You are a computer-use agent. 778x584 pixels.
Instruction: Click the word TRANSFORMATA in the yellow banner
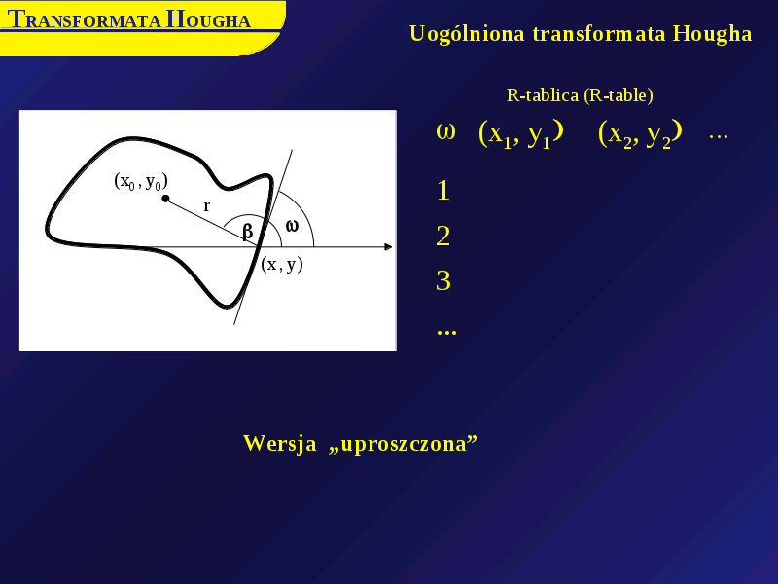85,19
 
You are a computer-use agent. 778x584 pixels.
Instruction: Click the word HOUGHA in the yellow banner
208,19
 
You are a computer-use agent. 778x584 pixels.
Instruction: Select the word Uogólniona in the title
467,34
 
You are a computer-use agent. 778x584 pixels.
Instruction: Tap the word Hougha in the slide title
712,34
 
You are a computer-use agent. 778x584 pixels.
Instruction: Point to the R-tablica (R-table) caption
580,94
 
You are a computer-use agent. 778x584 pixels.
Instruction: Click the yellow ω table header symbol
445,131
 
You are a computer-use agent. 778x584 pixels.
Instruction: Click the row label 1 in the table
443,191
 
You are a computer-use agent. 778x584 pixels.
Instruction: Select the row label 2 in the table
443,236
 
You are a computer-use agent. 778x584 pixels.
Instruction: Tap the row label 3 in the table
443,281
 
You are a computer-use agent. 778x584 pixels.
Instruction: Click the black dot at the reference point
165,199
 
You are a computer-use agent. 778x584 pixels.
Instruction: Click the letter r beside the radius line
207,205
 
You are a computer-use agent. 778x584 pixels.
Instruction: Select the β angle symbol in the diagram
248,231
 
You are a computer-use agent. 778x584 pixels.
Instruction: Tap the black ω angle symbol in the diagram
293,226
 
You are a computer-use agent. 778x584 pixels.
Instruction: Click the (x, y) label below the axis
282,264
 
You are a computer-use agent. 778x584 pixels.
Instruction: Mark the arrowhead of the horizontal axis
388,247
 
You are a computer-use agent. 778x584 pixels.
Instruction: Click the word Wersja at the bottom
280,443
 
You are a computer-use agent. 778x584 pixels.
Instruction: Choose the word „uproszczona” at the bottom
403,444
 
